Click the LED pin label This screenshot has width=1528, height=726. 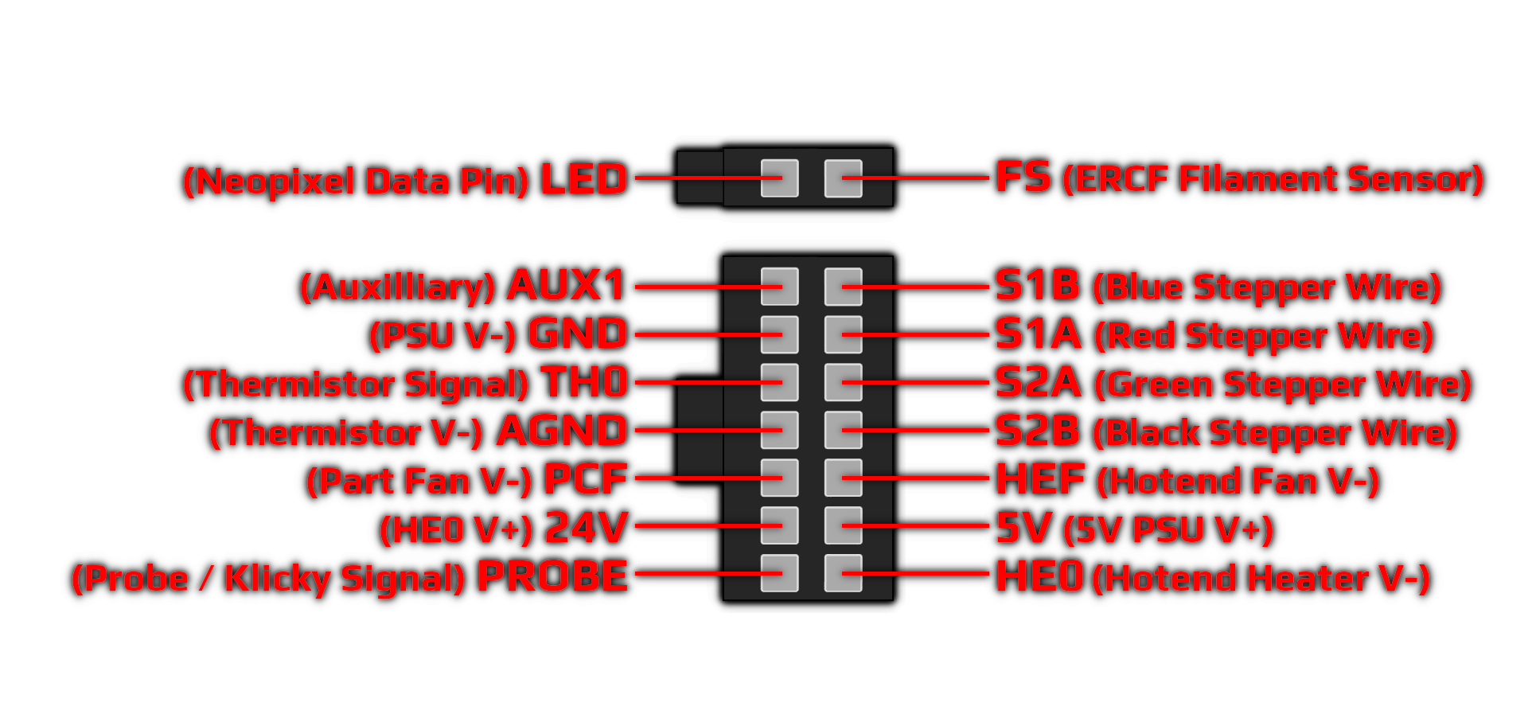pyautogui.click(x=584, y=179)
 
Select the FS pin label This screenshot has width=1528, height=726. pyautogui.click(x=1023, y=177)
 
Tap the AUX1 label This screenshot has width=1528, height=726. pyautogui.click(x=567, y=285)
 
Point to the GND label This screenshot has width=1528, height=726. pyautogui.click(x=578, y=334)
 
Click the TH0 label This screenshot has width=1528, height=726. pyautogui.click(x=585, y=382)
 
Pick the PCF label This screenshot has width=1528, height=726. pyautogui.click(x=586, y=479)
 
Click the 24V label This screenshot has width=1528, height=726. pyautogui.click(x=587, y=528)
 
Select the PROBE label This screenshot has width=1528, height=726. pyautogui.click(x=552, y=576)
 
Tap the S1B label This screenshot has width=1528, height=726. pyautogui.click(x=1038, y=285)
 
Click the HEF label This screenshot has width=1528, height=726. pyautogui.click(x=1041, y=479)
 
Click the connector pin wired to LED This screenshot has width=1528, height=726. pyautogui.click(x=779, y=178)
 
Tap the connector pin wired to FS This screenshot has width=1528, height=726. pyautogui.click(x=843, y=178)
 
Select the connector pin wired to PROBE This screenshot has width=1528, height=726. pyautogui.click(x=779, y=573)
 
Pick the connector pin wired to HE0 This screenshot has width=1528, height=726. pyautogui.click(x=843, y=573)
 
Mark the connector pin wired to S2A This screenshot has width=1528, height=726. pyautogui.click(x=843, y=382)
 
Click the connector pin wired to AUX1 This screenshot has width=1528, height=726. pyautogui.click(x=779, y=286)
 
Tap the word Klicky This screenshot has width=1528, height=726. pyautogui.click(x=276, y=579)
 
